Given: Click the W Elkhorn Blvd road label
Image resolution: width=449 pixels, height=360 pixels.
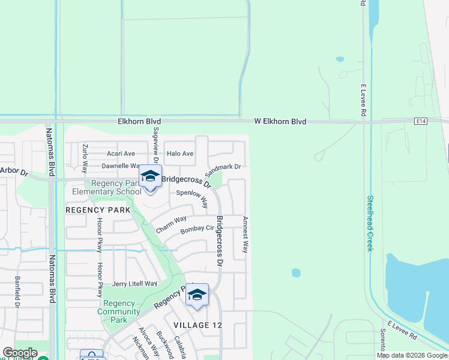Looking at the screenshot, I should pyautogui.click(x=280, y=122).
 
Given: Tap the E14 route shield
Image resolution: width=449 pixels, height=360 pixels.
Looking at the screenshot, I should pyautogui.click(x=421, y=121).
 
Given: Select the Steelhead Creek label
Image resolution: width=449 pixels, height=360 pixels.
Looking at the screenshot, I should pyautogui.click(x=370, y=223).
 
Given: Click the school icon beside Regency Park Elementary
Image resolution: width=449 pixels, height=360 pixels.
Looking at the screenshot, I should pyautogui.click(x=150, y=177).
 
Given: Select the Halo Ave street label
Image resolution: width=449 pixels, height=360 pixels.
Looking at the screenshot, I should pyautogui.click(x=180, y=154).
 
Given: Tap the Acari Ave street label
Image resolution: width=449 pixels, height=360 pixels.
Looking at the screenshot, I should pyautogui.click(x=121, y=154).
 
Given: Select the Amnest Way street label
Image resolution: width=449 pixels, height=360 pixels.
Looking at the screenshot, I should pyautogui.click(x=245, y=234).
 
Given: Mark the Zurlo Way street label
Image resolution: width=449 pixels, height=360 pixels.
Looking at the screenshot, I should pyautogui.click(x=85, y=158).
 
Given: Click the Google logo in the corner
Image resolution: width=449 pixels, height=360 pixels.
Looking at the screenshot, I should pyautogui.click(x=20, y=353).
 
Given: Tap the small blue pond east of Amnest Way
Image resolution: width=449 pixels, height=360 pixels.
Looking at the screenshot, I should pyautogui.click(x=296, y=272).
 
